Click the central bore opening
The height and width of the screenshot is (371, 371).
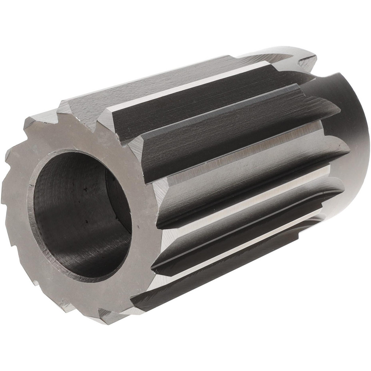point(80,215)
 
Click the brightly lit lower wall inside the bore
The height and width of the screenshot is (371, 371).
point(82,252)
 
